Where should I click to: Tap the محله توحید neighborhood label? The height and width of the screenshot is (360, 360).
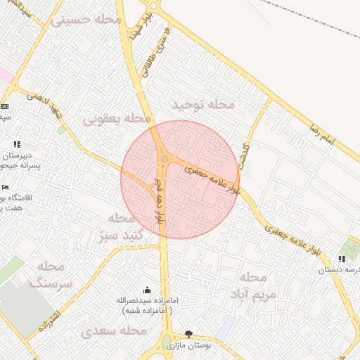[203, 105]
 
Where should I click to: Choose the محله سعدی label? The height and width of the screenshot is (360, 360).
[113, 330]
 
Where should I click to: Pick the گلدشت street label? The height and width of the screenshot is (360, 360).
[243, 154]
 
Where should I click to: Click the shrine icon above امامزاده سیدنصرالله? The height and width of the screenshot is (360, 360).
[147, 290]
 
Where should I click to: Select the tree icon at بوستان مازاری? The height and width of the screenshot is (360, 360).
[188, 333]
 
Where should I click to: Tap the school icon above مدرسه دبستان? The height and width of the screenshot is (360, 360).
[342, 259]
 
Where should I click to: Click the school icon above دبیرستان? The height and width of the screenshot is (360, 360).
[17, 145]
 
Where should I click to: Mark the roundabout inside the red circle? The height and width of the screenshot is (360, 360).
[164, 160]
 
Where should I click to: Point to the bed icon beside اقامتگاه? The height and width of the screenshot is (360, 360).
[6, 188]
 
